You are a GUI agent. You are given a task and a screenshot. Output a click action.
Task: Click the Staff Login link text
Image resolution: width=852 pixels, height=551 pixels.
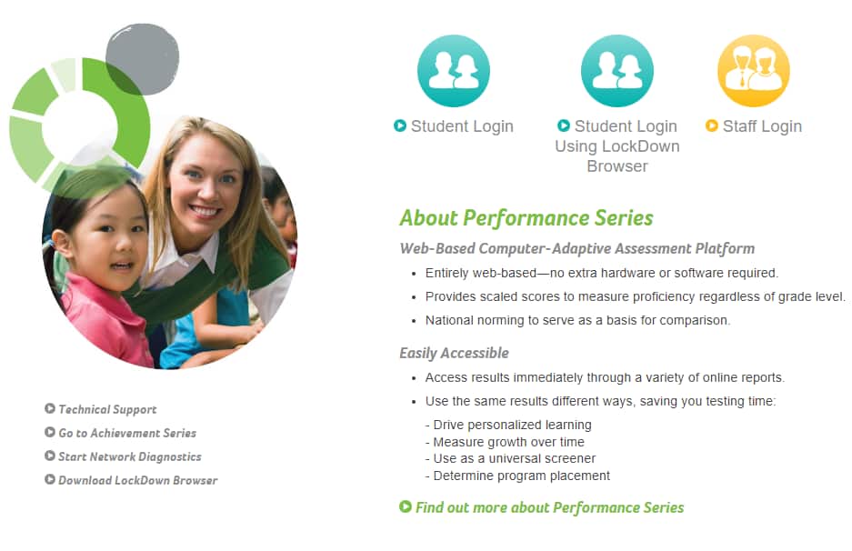point(762,126)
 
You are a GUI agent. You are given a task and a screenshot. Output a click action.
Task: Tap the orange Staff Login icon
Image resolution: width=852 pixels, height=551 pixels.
point(754,71)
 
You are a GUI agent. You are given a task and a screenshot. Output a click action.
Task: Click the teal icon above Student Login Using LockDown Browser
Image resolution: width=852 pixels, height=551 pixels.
point(617,71)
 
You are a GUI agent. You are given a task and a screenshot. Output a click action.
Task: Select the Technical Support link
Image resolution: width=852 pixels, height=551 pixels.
point(107,409)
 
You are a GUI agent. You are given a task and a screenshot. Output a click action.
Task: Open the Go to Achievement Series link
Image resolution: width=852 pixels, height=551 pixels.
point(127,433)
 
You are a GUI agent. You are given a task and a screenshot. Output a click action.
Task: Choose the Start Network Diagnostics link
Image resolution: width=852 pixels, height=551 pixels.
point(129,456)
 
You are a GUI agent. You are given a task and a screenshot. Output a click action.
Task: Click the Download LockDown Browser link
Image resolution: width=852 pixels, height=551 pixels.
point(137,480)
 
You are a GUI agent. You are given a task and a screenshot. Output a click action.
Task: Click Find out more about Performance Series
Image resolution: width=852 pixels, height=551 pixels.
point(549,507)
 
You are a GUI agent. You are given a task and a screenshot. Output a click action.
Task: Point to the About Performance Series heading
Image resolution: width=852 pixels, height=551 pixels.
point(526,218)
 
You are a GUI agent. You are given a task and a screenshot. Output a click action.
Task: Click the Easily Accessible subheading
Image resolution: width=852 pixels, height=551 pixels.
point(455,353)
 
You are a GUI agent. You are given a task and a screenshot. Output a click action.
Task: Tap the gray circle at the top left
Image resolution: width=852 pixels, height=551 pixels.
point(143,59)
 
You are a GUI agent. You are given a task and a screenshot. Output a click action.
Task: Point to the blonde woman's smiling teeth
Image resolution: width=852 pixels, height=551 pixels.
point(205,210)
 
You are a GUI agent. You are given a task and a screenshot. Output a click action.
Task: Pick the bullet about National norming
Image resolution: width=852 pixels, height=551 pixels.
point(577,321)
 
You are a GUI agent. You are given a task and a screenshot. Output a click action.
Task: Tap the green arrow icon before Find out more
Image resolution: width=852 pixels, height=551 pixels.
point(406,506)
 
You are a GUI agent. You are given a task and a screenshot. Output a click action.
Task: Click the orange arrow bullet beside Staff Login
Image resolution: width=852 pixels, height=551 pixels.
point(712,125)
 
